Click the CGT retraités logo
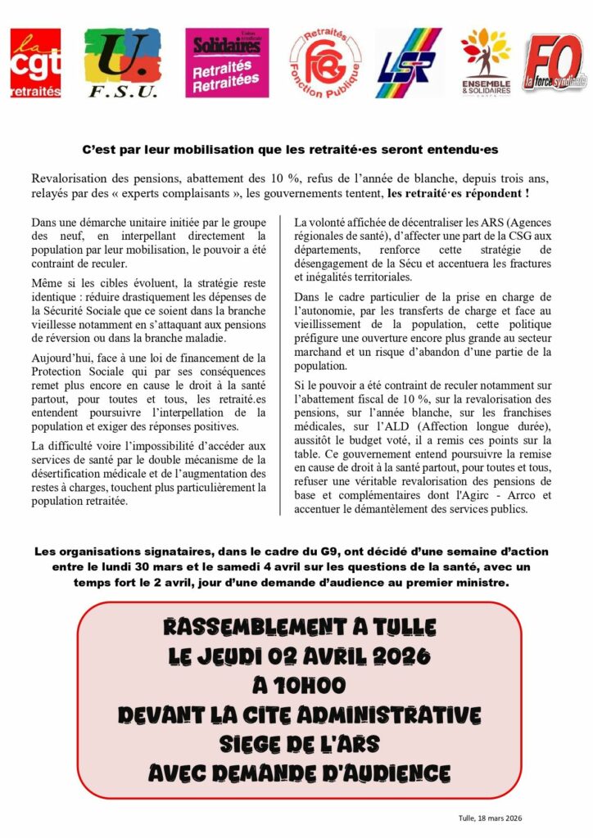click(35, 62)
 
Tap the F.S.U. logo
click(123, 62)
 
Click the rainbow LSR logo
click(408, 63)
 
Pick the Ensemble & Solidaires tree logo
click(485, 62)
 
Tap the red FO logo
click(555, 62)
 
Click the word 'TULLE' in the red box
click(399, 628)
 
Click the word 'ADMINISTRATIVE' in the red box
click(386, 714)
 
